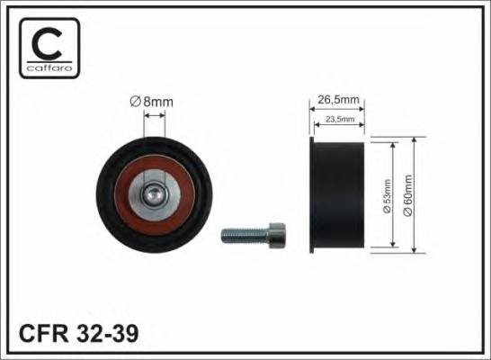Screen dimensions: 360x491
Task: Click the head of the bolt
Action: (279, 235)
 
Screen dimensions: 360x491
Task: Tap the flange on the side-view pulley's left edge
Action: (311, 194)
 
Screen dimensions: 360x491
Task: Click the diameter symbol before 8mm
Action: (136, 102)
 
